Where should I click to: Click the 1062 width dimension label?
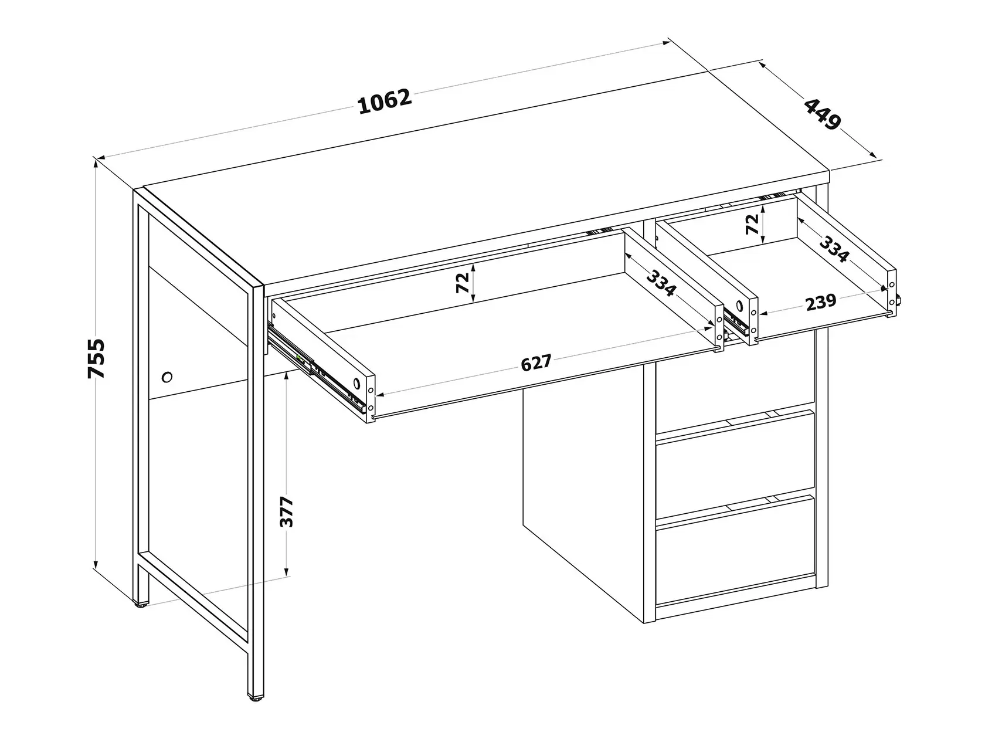(385, 102)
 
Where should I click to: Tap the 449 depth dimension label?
(822, 114)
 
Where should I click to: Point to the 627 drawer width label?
(536, 363)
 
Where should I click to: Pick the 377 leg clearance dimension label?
(286, 511)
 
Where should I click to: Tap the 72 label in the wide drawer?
(463, 283)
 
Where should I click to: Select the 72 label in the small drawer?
(752, 224)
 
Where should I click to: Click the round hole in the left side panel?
(167, 377)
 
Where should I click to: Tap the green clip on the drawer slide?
(300, 358)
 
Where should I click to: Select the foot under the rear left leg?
(141, 604)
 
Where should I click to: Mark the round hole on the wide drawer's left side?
(356, 384)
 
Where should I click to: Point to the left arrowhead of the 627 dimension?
(380, 395)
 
